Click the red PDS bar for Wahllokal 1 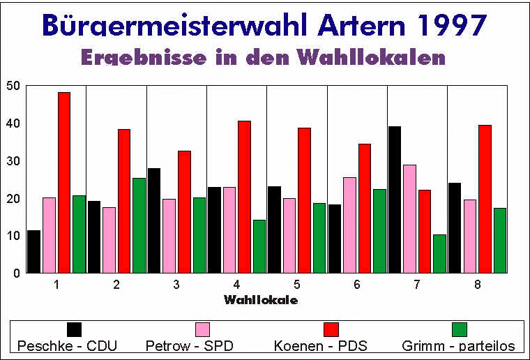coord(63,182)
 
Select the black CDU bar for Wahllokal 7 coord(395,200)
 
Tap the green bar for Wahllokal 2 coord(139,225)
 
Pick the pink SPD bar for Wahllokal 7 coord(409,218)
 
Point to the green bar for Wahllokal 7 coord(439,253)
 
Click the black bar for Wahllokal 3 coord(153,220)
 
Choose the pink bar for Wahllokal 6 coord(349,225)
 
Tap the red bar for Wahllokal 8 coord(485,199)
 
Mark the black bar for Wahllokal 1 coord(33,251)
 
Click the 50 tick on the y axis coord(13,86)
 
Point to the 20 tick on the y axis coord(13,198)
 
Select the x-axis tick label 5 coord(296,285)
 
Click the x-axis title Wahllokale coord(262,300)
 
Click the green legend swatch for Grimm coord(459,329)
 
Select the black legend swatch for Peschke coord(74,329)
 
